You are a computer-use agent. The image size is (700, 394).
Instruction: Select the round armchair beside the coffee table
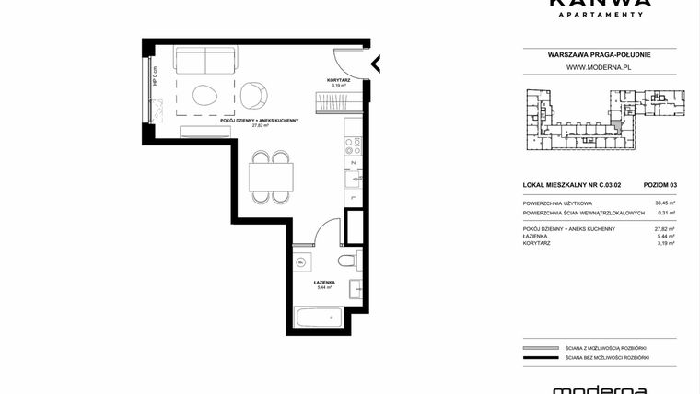[255, 92]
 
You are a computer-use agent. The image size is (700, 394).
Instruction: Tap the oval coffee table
[204, 93]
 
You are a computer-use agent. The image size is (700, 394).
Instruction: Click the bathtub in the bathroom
[318, 320]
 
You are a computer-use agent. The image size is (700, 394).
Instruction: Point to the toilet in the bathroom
[301, 263]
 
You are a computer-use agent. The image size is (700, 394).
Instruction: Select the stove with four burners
[355, 144]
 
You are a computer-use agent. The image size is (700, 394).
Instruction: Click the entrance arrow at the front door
[376, 64]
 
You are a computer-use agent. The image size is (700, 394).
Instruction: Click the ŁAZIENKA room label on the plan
[322, 283]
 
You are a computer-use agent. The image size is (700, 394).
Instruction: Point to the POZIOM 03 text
[659, 185]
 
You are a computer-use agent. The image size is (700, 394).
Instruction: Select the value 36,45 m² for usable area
[664, 203]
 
